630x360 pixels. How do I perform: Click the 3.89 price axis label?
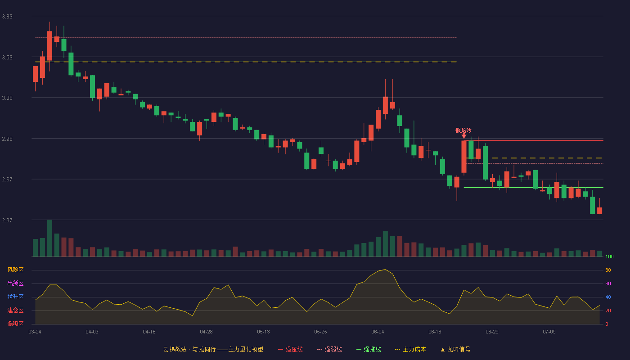[7, 17]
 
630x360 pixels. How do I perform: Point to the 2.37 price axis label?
[7, 220]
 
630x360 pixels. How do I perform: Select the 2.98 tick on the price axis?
[7, 139]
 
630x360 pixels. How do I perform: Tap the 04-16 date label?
[149, 332]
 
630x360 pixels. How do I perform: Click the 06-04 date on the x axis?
[378, 332]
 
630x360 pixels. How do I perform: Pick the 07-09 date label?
[549, 332]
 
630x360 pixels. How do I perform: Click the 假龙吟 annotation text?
[463, 130]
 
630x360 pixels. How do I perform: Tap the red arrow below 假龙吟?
[464, 136]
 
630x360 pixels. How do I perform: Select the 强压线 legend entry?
[290, 349]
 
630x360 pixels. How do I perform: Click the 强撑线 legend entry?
[369, 349]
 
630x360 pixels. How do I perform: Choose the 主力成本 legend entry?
[410, 349]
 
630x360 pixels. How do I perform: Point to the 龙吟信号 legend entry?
[455, 349]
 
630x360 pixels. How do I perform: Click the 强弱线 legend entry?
[329, 349]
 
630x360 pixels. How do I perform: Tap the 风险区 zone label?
[15, 270]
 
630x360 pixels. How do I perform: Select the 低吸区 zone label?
[15, 324]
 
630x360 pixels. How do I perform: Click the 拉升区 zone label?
[15, 297]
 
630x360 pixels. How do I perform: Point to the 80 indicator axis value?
[608, 270]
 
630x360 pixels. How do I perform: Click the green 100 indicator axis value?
[609, 256]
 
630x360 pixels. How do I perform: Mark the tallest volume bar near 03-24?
[49, 238]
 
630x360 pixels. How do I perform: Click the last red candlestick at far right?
[599, 211]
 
